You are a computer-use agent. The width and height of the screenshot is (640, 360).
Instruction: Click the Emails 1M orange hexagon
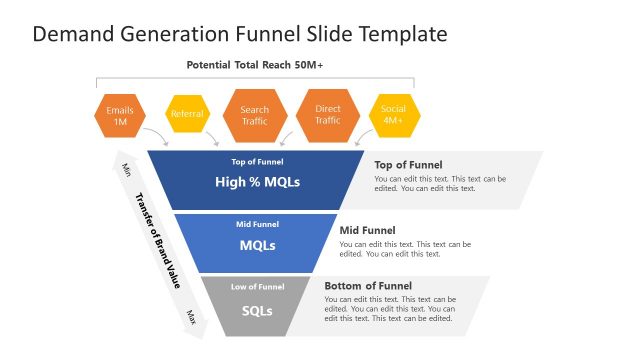click(120, 116)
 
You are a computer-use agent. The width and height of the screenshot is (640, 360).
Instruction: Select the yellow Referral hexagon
click(187, 114)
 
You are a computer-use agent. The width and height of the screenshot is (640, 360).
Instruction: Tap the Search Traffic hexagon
click(255, 115)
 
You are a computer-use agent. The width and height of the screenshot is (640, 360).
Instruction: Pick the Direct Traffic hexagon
click(328, 115)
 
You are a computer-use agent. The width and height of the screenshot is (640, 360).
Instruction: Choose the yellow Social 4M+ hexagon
click(393, 115)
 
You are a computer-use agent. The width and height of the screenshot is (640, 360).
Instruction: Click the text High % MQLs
click(257, 182)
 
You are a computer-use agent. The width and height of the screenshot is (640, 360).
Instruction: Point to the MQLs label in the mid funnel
click(257, 244)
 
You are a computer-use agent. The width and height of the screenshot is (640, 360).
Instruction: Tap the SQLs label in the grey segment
click(257, 310)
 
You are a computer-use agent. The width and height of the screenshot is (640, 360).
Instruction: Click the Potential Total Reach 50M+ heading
click(255, 65)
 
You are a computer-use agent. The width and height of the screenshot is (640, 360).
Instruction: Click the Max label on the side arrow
click(190, 318)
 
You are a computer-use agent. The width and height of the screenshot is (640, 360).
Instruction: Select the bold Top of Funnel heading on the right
click(408, 165)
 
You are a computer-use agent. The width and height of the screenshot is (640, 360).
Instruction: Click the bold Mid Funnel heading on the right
click(367, 230)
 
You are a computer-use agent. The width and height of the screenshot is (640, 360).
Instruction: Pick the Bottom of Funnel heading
click(368, 286)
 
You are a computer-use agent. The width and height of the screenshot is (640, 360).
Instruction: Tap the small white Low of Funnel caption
click(257, 287)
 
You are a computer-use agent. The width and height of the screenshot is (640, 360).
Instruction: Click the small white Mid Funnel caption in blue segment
click(257, 224)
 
